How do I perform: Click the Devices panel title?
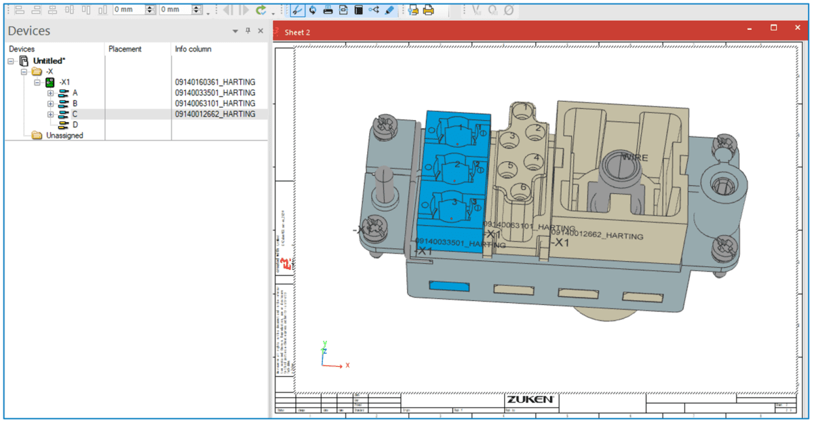click(29, 31)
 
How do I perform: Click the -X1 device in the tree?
click(64, 82)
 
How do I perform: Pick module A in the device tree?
click(75, 93)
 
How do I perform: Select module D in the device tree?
click(75, 125)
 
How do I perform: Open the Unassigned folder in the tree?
click(64, 136)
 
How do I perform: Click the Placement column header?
click(125, 49)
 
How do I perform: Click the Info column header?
click(193, 49)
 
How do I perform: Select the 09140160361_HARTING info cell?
click(215, 82)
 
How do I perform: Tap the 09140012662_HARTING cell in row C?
click(215, 114)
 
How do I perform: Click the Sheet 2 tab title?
click(297, 32)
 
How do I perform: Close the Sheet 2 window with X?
click(797, 28)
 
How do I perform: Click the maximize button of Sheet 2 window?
click(773, 28)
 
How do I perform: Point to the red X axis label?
click(347, 365)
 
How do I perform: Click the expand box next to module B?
click(50, 104)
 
